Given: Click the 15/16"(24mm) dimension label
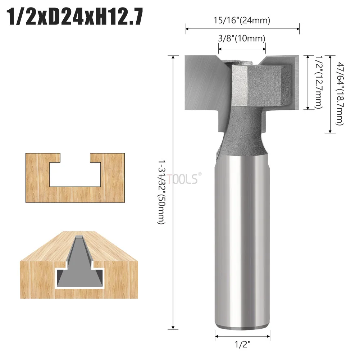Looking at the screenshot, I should tap(242, 20).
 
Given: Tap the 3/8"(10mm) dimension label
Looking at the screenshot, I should tap(242, 38).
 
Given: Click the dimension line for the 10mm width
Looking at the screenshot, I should tap(242, 47).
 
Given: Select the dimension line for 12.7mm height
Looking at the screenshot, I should tap(308, 82).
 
